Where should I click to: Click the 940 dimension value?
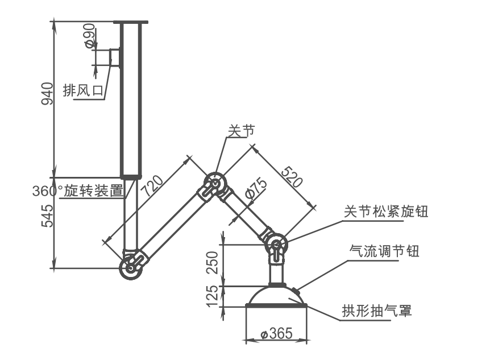coord(48,94)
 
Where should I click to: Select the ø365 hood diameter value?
coord(276,333)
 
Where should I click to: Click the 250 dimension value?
coord(212,263)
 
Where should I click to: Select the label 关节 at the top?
coord(240,130)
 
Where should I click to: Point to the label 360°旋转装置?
coord(78,191)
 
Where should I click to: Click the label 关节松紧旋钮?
coord(386,212)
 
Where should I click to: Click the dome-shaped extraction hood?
coord(277,297)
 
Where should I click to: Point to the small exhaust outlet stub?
coord(115,57)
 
